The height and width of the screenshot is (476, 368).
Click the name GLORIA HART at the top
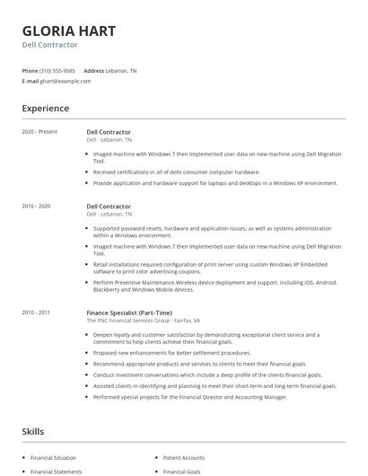coord(69,31)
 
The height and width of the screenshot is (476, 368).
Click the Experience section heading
coord(46,109)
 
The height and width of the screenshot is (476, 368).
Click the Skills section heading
coord(32,432)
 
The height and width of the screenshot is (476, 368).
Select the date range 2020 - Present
coord(39,132)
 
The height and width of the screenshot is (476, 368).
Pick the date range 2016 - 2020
coord(37,206)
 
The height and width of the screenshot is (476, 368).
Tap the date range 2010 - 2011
coord(37,312)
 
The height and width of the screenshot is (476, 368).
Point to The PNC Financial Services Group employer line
coord(144,320)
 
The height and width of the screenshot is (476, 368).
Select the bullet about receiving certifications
coord(176,172)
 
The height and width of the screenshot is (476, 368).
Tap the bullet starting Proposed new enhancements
coord(171,352)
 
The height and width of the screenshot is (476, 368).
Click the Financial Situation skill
coord(54,458)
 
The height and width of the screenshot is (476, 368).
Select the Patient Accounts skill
coord(184,458)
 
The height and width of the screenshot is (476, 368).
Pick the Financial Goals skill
coord(182,471)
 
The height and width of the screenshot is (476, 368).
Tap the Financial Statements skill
coord(56,471)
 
